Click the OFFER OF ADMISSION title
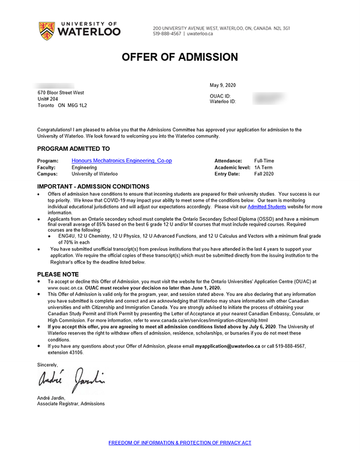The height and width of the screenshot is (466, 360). pyautogui.click(x=180, y=58)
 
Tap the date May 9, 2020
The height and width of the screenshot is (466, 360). pyautogui.click(x=224, y=86)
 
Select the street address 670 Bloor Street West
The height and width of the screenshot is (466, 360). pyautogui.click(x=61, y=92)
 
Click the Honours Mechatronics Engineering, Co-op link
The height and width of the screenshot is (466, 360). pyautogui.click(x=121, y=161)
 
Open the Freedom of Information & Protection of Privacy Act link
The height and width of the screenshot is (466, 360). pyautogui.click(x=180, y=443)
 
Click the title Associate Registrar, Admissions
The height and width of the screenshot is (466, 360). pyautogui.click(x=71, y=404)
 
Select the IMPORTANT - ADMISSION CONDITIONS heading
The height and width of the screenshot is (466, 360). pyautogui.click(x=93, y=187)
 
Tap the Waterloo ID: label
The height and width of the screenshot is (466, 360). pyautogui.click(x=223, y=101)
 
